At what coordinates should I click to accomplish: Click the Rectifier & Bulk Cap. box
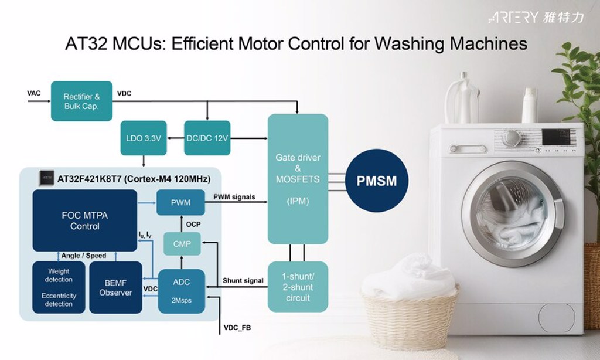[x=81, y=101]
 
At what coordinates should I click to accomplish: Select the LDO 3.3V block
[x=144, y=138]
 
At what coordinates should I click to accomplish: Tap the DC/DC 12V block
[x=207, y=138]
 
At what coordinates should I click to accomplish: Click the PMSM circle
[x=377, y=181]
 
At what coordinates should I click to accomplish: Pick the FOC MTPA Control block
[x=85, y=220]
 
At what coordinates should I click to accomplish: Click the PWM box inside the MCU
[x=181, y=203]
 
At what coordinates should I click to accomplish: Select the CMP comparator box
[x=182, y=244]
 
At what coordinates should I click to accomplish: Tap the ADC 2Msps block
[x=182, y=291]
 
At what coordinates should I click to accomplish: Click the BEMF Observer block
[x=115, y=287]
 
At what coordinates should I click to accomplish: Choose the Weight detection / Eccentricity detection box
[x=59, y=287]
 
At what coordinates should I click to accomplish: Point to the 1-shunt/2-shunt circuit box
[x=298, y=287]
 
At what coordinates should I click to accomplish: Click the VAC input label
[x=34, y=94]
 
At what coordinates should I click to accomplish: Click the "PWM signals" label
[x=234, y=197]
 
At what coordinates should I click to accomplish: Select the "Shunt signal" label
[x=243, y=281]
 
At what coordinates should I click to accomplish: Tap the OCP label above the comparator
[x=193, y=225]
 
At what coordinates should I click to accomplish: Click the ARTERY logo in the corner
[x=536, y=18]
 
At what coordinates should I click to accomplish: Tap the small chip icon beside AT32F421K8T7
[x=46, y=178]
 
